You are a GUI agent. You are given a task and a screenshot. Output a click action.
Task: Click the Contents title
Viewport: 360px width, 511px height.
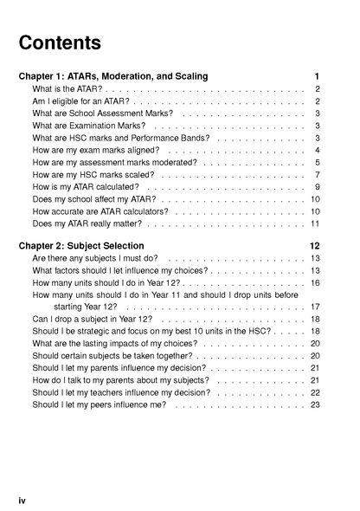coord(60,42)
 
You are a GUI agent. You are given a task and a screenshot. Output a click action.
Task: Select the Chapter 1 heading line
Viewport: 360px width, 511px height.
coord(113,76)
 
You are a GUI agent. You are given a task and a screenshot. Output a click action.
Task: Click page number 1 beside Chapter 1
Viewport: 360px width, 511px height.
coord(318,76)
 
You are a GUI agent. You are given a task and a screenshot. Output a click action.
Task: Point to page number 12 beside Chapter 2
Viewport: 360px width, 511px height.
coord(315,245)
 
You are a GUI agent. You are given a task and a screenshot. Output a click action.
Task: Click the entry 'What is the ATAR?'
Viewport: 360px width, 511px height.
coord(67,89)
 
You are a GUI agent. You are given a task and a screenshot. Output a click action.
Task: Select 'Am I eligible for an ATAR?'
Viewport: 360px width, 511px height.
coord(80,101)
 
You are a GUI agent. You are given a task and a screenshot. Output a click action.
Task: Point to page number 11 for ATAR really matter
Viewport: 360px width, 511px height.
coord(316,223)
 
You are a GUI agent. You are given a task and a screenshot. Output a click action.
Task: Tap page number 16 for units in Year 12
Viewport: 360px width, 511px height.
coord(316,282)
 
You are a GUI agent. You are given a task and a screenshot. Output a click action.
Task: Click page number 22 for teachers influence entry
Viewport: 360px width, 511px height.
coord(316,392)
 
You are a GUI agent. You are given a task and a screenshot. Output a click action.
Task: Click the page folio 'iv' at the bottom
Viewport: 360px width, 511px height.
coord(23,501)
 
